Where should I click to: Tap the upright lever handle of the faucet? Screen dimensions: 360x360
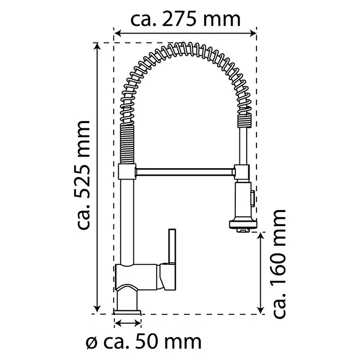point(172,246)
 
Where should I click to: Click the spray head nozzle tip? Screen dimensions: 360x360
point(243,230)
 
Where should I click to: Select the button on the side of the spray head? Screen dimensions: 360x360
point(252,199)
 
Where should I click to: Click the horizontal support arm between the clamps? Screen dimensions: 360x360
point(185,172)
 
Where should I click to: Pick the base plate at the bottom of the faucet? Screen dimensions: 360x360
point(127,312)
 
